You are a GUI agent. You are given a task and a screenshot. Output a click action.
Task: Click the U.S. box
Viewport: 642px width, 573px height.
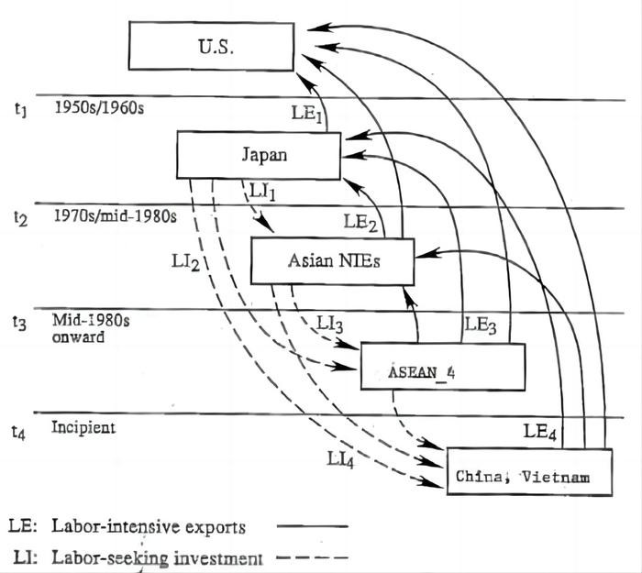click(211, 46)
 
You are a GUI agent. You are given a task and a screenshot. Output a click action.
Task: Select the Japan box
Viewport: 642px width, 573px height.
click(259, 155)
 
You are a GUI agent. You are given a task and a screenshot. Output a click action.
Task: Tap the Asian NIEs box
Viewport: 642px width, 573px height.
click(332, 261)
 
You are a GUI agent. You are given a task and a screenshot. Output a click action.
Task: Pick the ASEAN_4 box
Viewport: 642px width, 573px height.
click(443, 367)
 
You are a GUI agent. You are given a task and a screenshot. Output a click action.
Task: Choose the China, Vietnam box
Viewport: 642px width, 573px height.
click(529, 472)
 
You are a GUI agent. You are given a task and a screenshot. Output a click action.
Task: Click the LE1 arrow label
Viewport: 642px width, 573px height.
click(306, 113)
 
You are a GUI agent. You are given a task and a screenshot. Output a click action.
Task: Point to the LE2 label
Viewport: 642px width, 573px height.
click(360, 223)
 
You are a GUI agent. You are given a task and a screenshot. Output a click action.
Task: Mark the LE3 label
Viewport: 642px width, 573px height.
click(481, 325)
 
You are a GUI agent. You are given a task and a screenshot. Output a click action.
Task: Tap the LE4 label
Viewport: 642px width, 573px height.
click(540, 432)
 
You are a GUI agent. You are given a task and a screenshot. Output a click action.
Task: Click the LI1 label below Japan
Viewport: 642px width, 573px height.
click(262, 192)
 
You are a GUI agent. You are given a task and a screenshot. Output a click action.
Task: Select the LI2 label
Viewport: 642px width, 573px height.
click(185, 261)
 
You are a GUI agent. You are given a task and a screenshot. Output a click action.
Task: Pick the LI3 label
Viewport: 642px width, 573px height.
click(329, 325)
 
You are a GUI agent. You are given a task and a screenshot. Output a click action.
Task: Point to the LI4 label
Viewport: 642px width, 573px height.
click(340, 459)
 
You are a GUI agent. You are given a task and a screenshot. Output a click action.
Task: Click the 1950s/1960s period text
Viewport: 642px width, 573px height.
click(99, 108)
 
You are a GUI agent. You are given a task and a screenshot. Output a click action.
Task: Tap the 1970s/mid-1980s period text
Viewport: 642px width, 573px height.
click(116, 215)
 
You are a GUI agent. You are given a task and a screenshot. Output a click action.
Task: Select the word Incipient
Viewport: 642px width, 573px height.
click(83, 427)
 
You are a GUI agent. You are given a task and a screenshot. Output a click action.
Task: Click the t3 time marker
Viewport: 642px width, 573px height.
click(19, 323)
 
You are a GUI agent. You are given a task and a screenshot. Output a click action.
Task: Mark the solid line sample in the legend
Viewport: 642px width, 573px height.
click(313, 526)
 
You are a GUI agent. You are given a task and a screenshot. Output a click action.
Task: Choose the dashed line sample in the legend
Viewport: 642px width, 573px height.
click(313, 557)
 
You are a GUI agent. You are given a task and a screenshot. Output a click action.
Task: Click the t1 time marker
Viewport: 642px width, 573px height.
click(21, 110)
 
